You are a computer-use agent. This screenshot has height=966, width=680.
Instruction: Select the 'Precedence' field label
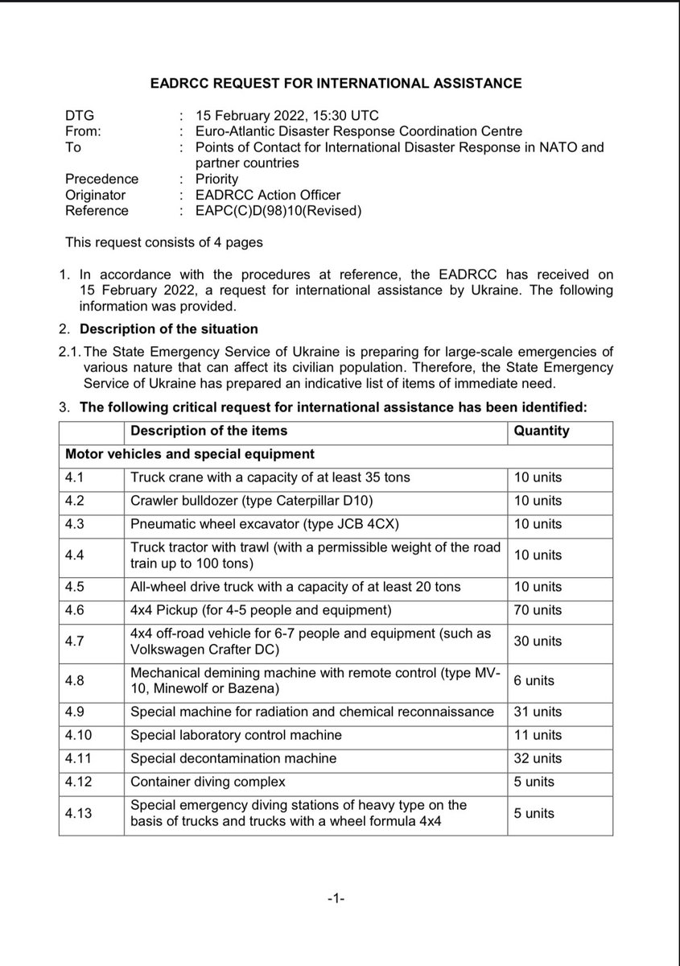[101, 179]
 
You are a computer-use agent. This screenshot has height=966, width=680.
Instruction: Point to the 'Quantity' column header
[541, 431]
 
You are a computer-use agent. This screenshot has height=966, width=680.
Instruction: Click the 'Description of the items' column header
[208, 431]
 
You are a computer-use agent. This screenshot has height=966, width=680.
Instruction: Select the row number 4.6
[77, 609]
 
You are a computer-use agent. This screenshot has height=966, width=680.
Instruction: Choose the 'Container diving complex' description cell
[208, 782]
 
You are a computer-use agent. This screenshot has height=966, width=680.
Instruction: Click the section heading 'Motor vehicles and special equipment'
[190, 454]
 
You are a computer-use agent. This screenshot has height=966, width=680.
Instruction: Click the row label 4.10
[80, 735]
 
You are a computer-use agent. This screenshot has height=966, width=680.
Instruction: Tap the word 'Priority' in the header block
[205, 179]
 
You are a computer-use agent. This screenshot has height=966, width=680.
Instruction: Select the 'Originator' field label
[94, 194]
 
